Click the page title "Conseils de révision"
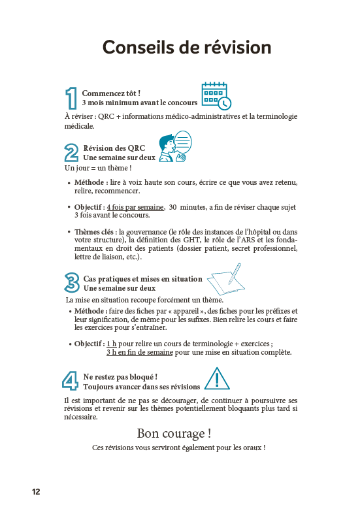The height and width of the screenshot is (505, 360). pos(186,47)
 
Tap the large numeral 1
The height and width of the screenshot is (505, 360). pos(72,98)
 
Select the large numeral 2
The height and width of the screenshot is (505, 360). pos(72,153)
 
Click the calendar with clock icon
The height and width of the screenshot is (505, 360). pos(216,96)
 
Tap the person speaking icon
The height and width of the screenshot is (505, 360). pos(174,148)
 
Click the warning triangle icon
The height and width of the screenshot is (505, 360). pos(217,378)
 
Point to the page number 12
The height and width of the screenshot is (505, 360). pos(35,491)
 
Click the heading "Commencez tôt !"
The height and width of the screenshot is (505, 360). pos(111,93)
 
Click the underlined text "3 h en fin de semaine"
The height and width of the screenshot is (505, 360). pos(139,352)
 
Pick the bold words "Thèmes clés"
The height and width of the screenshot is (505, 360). pos(95,232)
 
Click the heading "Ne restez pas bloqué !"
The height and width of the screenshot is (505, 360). pos(120,377)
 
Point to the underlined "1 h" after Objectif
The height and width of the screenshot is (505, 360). pos(112,344)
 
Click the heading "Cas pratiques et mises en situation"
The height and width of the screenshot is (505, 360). pos(142,279)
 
